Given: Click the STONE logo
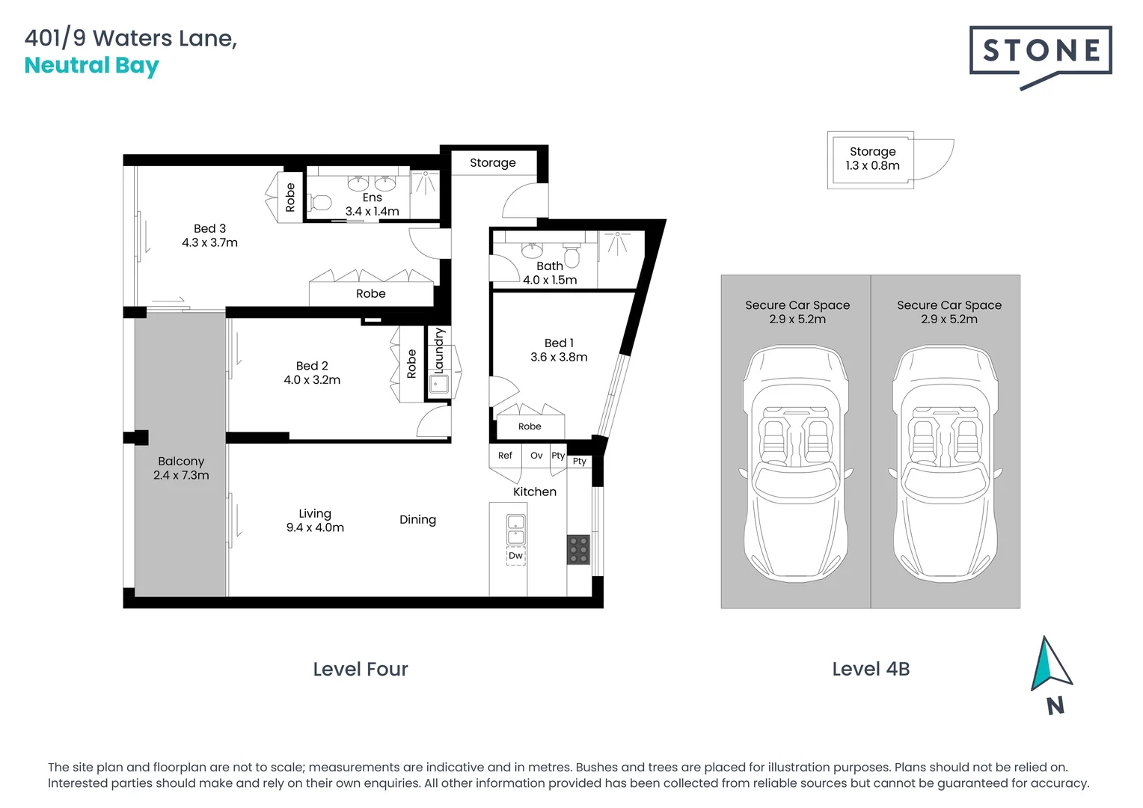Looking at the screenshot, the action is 1040,56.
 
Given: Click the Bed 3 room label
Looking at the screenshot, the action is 209,229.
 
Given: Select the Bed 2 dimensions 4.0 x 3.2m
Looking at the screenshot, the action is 312,380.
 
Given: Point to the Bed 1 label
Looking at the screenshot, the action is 559,343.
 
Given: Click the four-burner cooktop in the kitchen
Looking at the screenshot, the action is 579,550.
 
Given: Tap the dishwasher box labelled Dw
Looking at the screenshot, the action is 516,556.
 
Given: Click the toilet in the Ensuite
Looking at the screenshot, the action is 320,203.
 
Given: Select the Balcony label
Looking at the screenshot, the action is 181,462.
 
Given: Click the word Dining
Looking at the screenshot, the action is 418,520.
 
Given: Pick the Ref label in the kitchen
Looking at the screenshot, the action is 505,456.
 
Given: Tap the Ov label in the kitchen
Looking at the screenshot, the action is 536,456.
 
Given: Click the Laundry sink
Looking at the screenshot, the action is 439,383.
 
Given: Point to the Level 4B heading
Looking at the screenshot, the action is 871,669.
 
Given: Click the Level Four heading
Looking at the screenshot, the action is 361,669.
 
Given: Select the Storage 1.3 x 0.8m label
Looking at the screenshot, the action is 872,158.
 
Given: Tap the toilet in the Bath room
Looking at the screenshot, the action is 571,255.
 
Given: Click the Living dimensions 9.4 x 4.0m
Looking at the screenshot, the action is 315,527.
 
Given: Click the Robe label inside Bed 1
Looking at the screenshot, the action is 530,426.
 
